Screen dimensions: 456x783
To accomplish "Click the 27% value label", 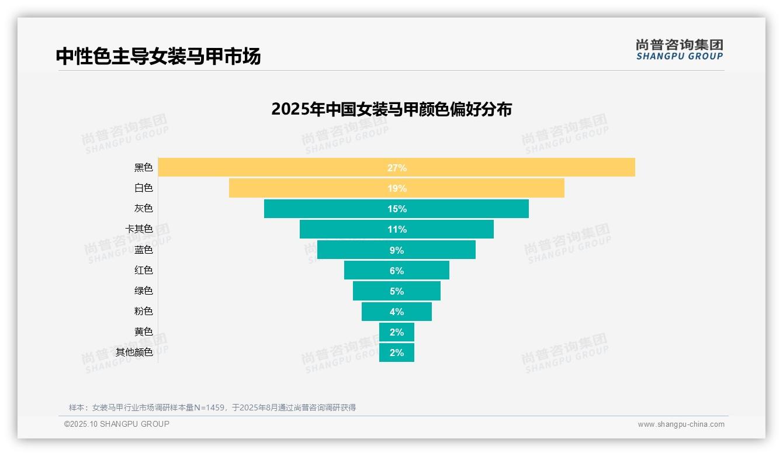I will (397, 168).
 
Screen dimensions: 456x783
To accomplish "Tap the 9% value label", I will (397, 250).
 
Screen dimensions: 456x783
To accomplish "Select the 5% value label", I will (397, 291).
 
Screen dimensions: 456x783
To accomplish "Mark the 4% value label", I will (397, 312).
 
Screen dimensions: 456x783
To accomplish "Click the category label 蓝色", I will (143, 250).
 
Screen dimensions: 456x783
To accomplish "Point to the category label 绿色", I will (143, 291).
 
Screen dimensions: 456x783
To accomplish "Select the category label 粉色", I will (143, 311).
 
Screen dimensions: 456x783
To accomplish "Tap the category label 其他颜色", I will (134, 352).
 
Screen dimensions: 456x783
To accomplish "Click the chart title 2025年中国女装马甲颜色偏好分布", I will (391, 109).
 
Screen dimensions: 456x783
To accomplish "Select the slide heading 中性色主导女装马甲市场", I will (158, 56).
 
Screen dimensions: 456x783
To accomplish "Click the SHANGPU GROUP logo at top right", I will (680, 50).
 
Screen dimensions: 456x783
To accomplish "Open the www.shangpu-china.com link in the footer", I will (681, 424).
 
